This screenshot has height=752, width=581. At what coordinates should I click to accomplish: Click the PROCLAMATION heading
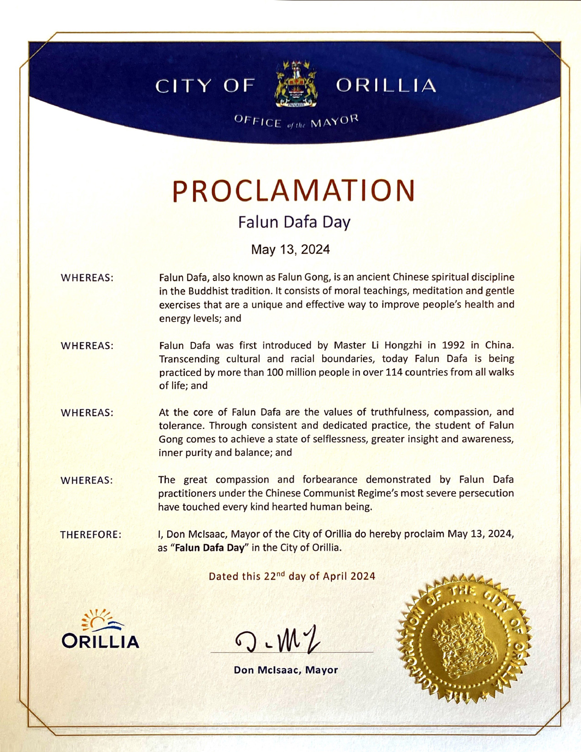(293, 191)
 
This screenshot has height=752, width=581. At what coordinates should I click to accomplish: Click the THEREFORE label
(91, 535)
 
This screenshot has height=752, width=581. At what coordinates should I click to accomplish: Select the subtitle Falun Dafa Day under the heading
(294, 222)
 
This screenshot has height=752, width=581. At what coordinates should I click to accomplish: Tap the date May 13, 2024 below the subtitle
(290, 249)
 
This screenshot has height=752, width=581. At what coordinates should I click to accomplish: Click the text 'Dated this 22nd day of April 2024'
(292, 576)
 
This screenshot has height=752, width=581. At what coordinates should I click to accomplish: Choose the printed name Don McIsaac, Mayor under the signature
(286, 670)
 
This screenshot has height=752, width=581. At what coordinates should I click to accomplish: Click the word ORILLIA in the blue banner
(386, 86)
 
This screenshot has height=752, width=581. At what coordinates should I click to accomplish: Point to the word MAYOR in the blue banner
(334, 121)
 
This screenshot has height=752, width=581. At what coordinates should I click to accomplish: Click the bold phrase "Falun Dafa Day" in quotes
(210, 547)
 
